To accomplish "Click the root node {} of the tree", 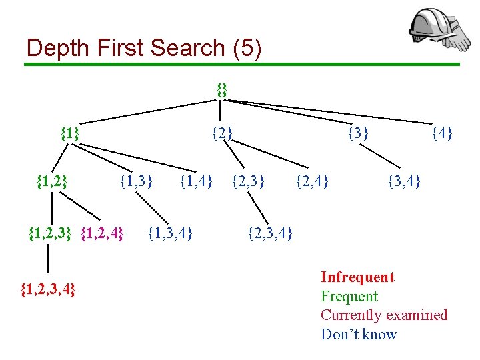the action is (222, 89).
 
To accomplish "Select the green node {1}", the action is (70, 133).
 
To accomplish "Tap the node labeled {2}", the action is (222, 133).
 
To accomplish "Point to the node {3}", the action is (359, 133).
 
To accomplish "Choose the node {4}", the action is (442, 133).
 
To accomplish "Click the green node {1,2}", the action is (51, 179).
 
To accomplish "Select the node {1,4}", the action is (197, 179).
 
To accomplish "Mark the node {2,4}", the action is (312, 179).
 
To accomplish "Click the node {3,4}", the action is (404, 179).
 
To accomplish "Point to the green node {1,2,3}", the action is (51, 233).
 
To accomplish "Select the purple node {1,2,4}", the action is (102, 233).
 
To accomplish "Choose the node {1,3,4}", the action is (171, 233).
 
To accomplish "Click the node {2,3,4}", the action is (270, 233).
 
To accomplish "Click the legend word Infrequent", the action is (357, 277).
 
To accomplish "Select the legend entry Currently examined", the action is (384, 315).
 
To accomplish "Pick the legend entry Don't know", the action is (359, 335).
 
